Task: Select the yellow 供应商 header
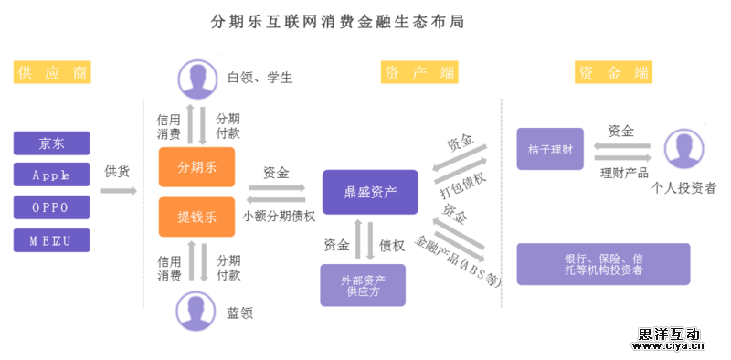click(x=53, y=72)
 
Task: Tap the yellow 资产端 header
click(x=419, y=72)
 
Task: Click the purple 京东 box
click(x=52, y=143)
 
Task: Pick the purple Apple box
click(x=52, y=174)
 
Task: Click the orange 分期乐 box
click(x=196, y=167)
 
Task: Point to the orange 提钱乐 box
click(x=196, y=217)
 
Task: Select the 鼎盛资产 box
click(x=369, y=192)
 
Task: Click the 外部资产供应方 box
click(x=362, y=285)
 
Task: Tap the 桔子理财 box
click(x=550, y=149)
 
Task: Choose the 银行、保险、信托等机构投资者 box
click(x=603, y=264)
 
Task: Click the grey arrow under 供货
click(x=118, y=191)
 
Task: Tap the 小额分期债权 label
click(x=279, y=217)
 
